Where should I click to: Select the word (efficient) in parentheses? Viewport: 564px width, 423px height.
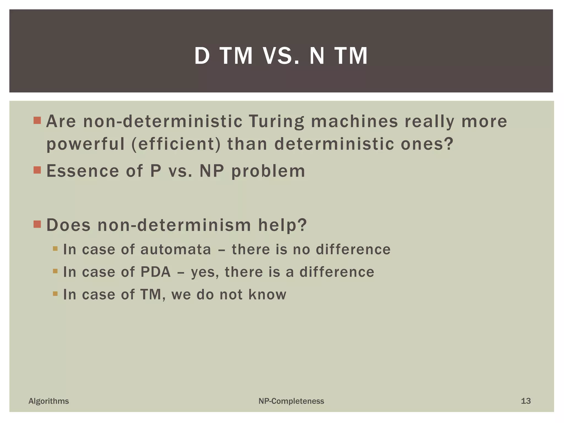(x=176, y=144)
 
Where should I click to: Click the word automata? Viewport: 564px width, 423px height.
(x=176, y=250)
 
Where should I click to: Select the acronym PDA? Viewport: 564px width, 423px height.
(x=156, y=272)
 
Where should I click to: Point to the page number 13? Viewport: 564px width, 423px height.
(x=526, y=401)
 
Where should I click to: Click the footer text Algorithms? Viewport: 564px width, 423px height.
(x=49, y=401)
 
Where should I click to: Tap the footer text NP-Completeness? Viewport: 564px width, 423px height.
(x=291, y=401)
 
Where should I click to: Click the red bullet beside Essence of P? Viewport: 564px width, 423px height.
(x=37, y=170)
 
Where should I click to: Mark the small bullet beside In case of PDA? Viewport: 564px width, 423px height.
(x=55, y=271)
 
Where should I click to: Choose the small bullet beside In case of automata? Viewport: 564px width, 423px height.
(x=55, y=249)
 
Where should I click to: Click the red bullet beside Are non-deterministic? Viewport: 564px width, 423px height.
(x=37, y=120)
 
